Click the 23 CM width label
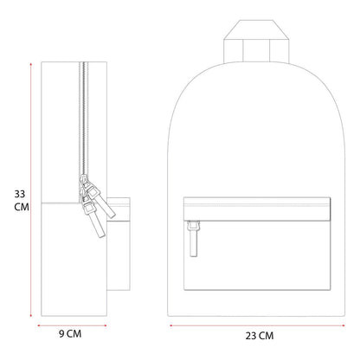pyautogui.click(x=260, y=336)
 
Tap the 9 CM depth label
pyautogui.click(x=70, y=334)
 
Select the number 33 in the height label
pyautogui.click(x=20, y=194)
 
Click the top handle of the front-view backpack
pyautogui.click(x=256, y=42)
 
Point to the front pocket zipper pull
pyautogui.click(x=194, y=239)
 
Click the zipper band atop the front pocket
pyautogui.click(x=257, y=209)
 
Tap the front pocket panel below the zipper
pyautogui.click(x=257, y=255)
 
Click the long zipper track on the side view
pyautogui.click(x=84, y=119)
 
